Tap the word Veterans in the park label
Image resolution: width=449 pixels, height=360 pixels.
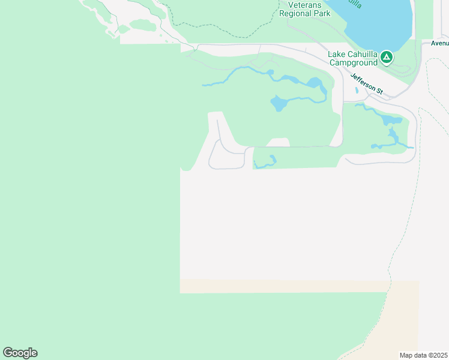coord(296,4)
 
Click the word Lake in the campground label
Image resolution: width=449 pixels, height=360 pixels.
coord(336,54)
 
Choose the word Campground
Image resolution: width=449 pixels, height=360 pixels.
coord(352,62)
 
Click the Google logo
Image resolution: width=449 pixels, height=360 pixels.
coord(20,353)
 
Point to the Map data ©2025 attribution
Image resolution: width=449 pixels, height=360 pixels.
coord(423,355)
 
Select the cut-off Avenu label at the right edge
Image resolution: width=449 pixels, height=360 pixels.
coord(439,43)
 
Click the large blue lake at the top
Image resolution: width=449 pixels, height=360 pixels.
coord(384,24)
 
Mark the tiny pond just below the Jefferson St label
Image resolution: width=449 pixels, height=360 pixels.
coord(357,91)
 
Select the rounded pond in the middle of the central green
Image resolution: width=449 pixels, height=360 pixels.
coord(279,104)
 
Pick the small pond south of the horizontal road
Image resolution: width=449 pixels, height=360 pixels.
coord(272,160)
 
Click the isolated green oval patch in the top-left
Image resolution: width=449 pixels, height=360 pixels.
coord(143,25)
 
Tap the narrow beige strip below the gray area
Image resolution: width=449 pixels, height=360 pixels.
coord(282,286)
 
